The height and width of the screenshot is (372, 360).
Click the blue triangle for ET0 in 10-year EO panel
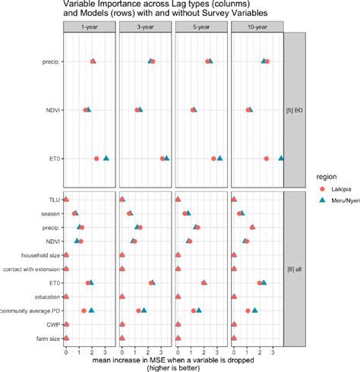(281, 158)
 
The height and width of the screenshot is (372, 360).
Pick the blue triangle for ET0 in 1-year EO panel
(106, 158)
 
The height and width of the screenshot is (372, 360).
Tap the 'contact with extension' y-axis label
(32, 269)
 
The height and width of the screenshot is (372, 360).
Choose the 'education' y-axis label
(46, 297)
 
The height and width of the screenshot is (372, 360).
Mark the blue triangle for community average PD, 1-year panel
(91, 310)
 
